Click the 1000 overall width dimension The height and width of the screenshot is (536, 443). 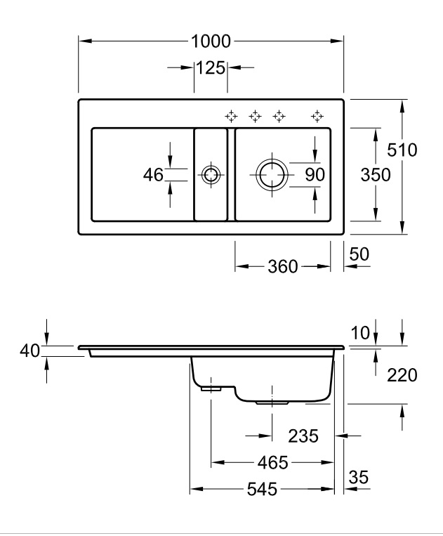[x=211, y=41]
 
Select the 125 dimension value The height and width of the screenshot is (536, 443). [x=210, y=68]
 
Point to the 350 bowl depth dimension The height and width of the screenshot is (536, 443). [x=376, y=174]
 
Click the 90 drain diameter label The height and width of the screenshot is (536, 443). [x=315, y=174]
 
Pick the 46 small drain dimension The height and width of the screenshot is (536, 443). [x=153, y=174]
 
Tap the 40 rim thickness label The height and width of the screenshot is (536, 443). [x=28, y=351]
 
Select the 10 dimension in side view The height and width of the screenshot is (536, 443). [x=360, y=333]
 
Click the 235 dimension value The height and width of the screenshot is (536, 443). [x=303, y=436]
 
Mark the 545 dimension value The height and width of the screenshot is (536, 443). [x=260, y=489]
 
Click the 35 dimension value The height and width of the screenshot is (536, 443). [x=358, y=478]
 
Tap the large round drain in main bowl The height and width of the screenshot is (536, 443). [x=271, y=174]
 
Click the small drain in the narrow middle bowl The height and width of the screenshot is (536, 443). [x=210, y=174]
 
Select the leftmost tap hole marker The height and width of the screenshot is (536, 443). [x=230, y=115]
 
